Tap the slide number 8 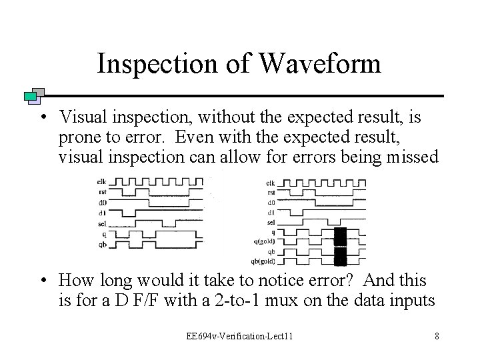[436, 335]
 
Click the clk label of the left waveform [101, 180]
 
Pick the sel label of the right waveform [271, 222]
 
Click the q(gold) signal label [267, 242]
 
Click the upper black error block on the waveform [340, 237]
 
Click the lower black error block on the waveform [340, 257]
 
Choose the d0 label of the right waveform [271, 201]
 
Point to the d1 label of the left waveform [101, 211]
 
